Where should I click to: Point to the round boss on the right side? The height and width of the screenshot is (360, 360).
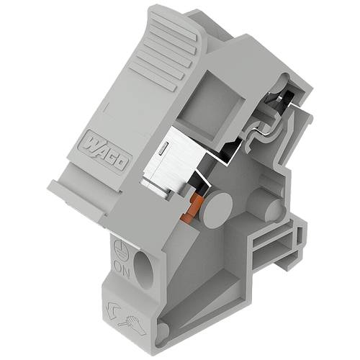272,210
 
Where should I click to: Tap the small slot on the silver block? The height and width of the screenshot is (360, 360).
165,149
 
